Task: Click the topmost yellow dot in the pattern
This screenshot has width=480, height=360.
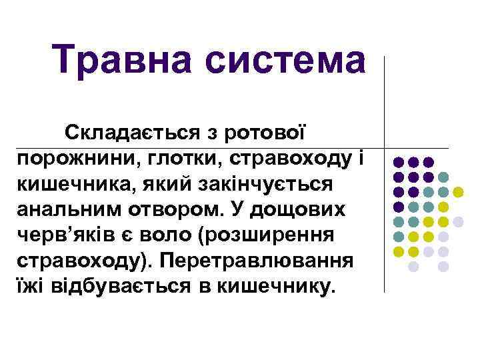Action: pyautogui.click(x=458, y=192)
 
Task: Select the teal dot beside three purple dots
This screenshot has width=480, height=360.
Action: pyautogui.click(x=443, y=177)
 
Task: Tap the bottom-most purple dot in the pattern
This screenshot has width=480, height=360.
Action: pyautogui.click(x=399, y=207)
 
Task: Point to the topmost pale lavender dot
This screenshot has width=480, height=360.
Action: pyautogui.click(x=458, y=221)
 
